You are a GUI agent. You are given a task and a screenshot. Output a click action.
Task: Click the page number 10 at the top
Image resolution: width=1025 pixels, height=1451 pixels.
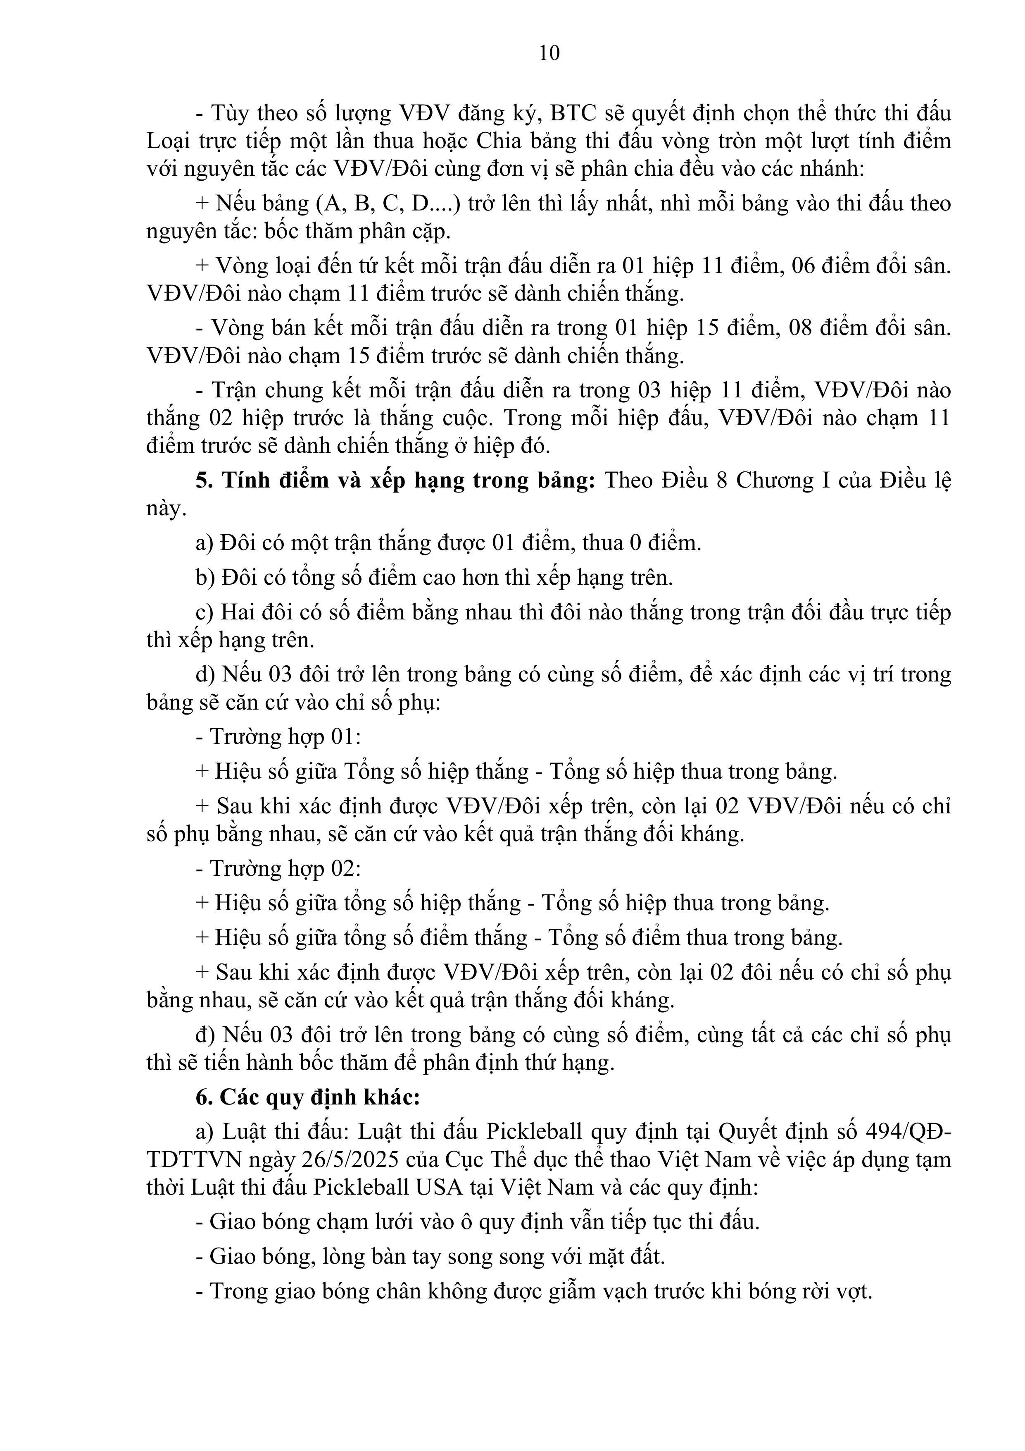coord(549,53)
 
